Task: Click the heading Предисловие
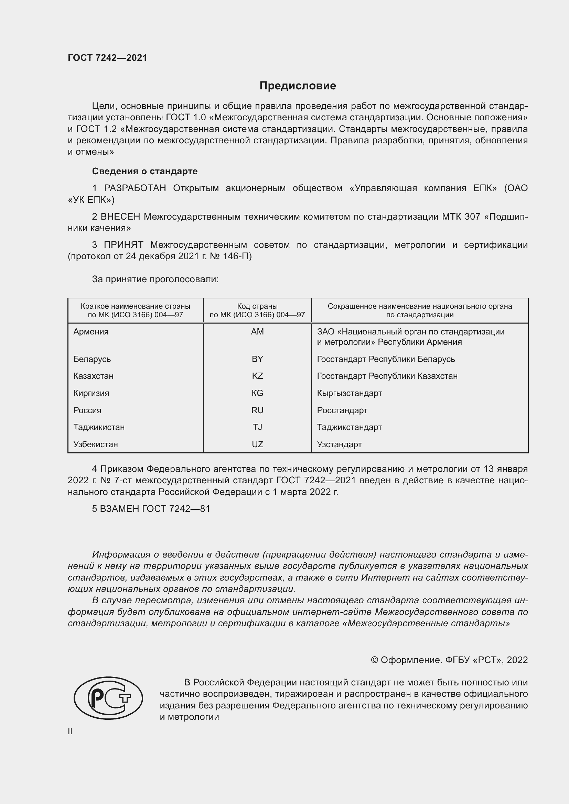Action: [x=298, y=86]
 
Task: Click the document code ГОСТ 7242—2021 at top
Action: [x=107, y=58]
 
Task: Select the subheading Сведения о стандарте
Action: [x=145, y=171]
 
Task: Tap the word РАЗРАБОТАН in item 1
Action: [x=135, y=188]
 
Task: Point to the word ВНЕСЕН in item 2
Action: [x=120, y=217]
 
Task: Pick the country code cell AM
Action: [x=257, y=332]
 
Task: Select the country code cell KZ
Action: [x=257, y=376]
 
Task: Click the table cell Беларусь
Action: [x=92, y=359]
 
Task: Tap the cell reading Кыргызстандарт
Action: [x=349, y=393]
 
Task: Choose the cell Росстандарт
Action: [x=342, y=410]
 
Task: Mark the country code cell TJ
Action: [x=257, y=427]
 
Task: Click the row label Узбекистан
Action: [x=96, y=444]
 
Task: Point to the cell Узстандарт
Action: [x=339, y=444]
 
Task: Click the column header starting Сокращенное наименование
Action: [x=420, y=310]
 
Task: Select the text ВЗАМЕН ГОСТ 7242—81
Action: [x=151, y=509]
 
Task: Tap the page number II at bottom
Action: [x=70, y=731]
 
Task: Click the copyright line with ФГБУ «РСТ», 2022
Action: [x=449, y=660]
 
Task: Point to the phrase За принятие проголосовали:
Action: [x=155, y=279]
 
